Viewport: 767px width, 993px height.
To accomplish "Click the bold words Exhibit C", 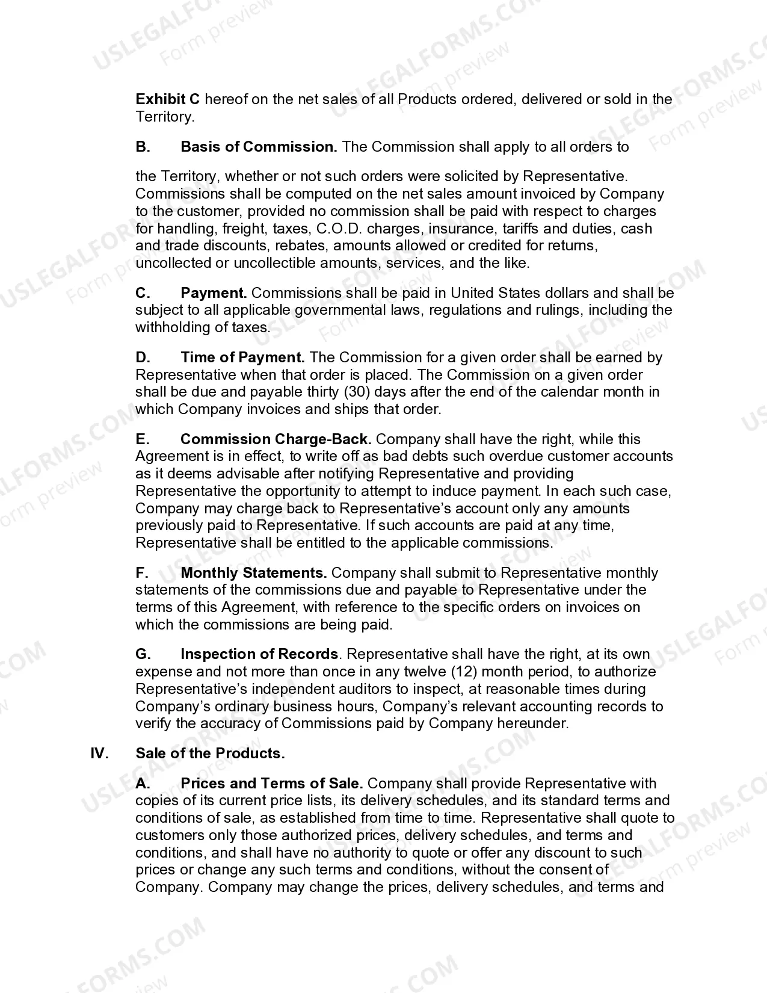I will tap(168, 99).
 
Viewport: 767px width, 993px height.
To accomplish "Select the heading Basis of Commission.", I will tap(259, 147).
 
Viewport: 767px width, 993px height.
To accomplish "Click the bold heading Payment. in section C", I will tap(214, 293).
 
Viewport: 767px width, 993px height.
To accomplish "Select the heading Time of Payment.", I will tap(242, 357).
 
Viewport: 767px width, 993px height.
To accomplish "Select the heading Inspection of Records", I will tap(259, 654).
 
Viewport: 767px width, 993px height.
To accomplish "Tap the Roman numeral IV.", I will tap(99, 753).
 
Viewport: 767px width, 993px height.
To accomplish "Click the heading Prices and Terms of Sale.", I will tap(271, 784).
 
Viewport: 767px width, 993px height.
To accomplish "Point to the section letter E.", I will tap(142, 439).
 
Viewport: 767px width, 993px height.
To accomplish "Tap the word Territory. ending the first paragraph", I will tap(165, 117).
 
